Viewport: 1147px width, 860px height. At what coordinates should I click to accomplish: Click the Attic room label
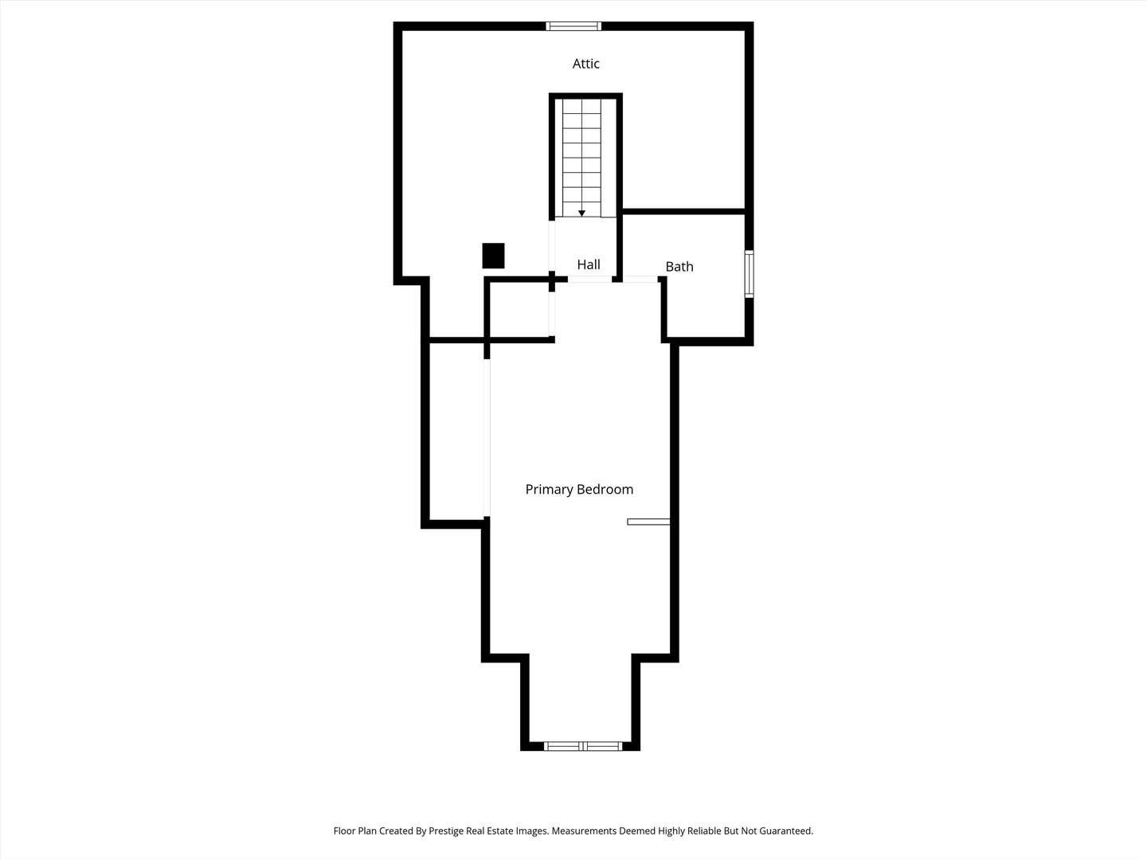pos(585,64)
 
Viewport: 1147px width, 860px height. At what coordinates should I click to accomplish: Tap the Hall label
pos(589,264)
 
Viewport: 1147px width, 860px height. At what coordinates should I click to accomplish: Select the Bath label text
pos(679,267)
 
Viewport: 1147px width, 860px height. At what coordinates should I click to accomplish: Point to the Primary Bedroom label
pos(579,489)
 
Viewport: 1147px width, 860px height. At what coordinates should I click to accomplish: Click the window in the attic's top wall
pos(573,26)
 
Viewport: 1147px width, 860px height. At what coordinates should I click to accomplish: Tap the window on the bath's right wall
pos(749,274)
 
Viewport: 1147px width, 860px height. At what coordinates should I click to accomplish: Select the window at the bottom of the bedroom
pos(582,746)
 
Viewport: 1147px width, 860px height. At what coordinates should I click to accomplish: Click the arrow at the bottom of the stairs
pos(581,213)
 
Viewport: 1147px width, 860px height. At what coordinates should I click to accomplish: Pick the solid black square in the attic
pos(493,256)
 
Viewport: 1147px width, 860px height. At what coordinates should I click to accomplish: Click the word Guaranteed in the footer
pos(785,831)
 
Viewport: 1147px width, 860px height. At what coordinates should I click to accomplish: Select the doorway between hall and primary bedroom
pos(589,279)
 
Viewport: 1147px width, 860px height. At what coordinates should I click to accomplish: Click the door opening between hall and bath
pos(640,279)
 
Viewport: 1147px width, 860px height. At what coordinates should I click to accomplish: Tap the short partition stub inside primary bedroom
pos(648,522)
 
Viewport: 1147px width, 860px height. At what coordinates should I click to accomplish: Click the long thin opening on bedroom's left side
pos(487,438)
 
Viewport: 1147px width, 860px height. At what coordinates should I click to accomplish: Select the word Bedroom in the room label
pos(605,489)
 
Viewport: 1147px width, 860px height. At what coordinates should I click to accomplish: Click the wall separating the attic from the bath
pos(683,212)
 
